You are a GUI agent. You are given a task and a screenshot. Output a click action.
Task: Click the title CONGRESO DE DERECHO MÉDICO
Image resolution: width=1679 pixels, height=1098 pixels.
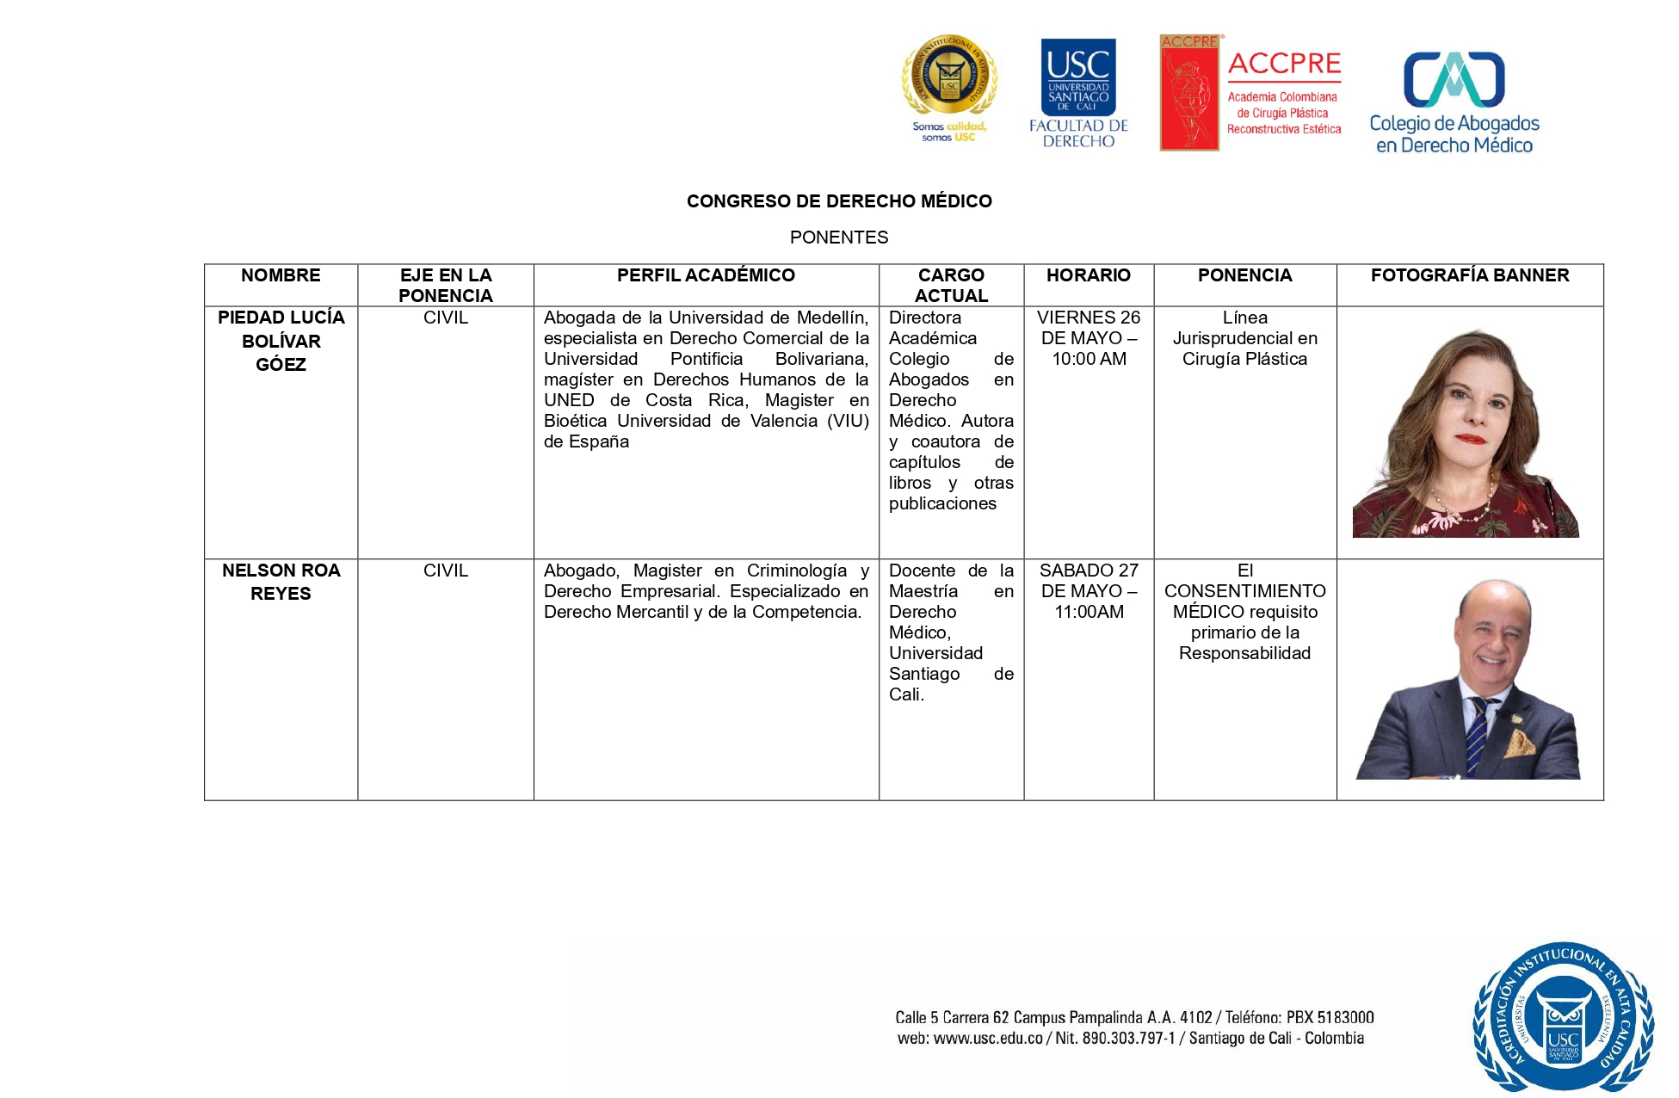point(839,201)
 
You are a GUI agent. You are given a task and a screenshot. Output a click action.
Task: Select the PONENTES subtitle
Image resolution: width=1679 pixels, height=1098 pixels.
point(839,237)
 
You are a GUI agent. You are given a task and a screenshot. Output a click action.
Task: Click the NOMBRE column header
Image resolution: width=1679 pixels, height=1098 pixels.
point(281,275)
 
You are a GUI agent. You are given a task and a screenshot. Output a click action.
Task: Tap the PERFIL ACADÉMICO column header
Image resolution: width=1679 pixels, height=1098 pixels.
point(706,275)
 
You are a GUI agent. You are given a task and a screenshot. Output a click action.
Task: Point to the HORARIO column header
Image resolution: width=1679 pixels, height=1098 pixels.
point(1089,275)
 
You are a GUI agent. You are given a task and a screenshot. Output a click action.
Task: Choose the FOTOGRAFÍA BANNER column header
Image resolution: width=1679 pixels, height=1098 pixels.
point(1470,275)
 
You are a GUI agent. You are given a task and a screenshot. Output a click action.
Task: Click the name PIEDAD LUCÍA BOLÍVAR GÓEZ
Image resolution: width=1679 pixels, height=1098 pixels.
point(281,341)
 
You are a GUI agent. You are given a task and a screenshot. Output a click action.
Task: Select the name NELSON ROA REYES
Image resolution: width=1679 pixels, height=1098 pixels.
point(281,582)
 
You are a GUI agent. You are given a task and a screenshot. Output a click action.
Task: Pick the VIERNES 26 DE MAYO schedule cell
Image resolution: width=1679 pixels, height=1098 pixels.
point(1089,338)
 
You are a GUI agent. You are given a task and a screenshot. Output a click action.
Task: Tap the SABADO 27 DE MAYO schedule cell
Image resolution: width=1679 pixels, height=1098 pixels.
point(1089,591)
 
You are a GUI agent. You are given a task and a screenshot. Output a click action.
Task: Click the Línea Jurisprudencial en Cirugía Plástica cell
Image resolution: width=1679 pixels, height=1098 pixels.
point(1244,338)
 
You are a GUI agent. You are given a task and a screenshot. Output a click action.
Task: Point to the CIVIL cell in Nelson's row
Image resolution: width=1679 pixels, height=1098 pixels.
point(446,571)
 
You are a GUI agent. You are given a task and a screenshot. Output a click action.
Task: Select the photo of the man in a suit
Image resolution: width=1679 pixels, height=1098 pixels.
point(1468,680)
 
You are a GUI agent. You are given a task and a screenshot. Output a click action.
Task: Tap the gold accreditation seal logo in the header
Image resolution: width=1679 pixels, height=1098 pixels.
point(949,77)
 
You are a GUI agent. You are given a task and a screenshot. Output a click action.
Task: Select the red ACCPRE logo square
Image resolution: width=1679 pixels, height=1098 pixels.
point(1189,93)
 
